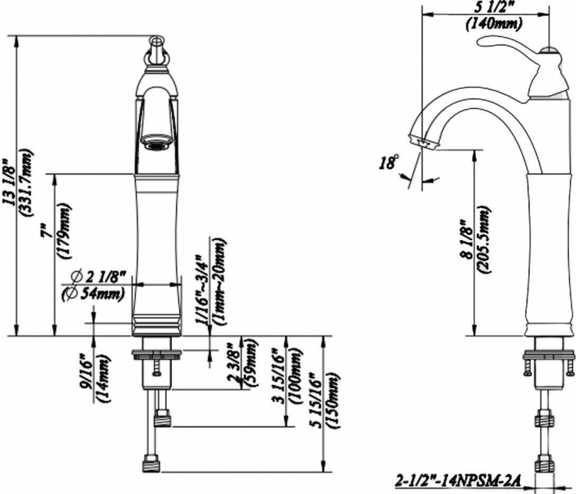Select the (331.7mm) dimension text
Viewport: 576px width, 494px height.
[x=26, y=183]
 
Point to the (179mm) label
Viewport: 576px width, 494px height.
[x=64, y=231]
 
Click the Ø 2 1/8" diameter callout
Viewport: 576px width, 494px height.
[x=98, y=276]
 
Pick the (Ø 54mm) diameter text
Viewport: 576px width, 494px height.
[x=93, y=294]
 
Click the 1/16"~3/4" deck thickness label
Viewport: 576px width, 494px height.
[x=201, y=289]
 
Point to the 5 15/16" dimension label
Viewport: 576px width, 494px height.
[x=315, y=400]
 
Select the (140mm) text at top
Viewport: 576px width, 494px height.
[x=494, y=24]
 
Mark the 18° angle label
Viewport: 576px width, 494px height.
[x=389, y=162]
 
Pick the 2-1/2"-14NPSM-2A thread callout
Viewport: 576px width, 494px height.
[x=458, y=480]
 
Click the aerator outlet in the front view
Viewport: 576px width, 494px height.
[x=157, y=142]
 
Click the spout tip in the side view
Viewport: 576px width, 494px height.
[x=423, y=142]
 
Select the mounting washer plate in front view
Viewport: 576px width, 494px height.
[x=157, y=354]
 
